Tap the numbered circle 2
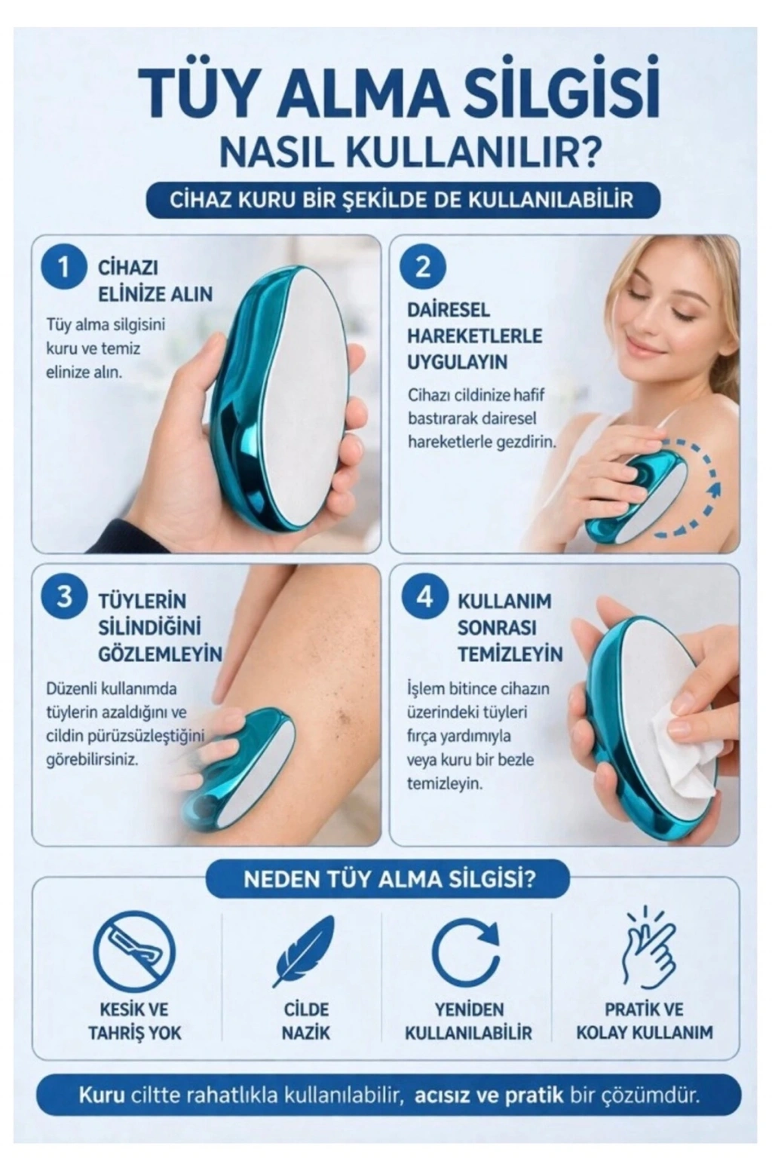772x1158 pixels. pyautogui.click(x=423, y=268)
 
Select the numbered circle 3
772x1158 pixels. pyautogui.click(x=63, y=597)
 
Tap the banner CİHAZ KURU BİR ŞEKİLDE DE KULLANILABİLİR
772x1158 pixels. pyautogui.click(x=402, y=200)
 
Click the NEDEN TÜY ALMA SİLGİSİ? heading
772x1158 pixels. pyautogui.click(x=389, y=881)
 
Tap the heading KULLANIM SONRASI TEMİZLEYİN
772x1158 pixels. pyautogui.click(x=510, y=627)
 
